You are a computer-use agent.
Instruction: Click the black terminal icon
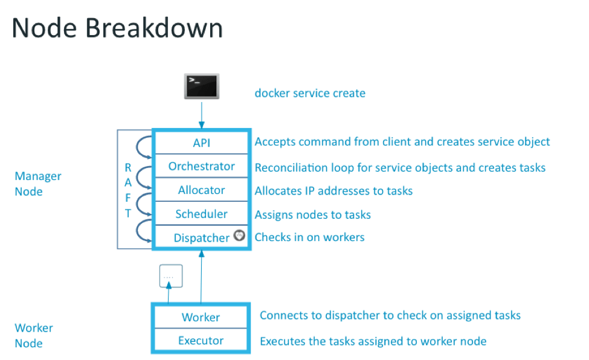tap(201, 86)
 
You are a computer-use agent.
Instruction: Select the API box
tap(201, 142)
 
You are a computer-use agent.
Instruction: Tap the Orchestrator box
tap(201, 166)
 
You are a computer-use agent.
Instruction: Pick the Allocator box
tap(201, 190)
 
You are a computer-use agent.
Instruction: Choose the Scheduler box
tap(201, 214)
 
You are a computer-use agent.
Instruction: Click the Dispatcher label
tap(201, 237)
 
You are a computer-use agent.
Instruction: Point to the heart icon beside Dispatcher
tap(239, 236)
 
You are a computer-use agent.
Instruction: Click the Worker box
tap(201, 317)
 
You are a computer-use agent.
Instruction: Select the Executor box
tap(201, 341)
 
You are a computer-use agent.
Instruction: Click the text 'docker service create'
tap(310, 93)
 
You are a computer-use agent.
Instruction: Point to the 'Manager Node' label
tap(37, 184)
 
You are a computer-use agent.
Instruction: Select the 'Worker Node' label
tap(34, 335)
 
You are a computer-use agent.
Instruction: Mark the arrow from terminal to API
tap(201, 115)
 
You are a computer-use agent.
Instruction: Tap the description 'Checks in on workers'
tap(309, 237)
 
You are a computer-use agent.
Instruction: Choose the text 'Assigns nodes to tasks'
tap(312, 214)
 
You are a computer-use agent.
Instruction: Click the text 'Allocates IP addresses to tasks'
tap(333, 190)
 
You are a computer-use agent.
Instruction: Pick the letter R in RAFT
tap(128, 167)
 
